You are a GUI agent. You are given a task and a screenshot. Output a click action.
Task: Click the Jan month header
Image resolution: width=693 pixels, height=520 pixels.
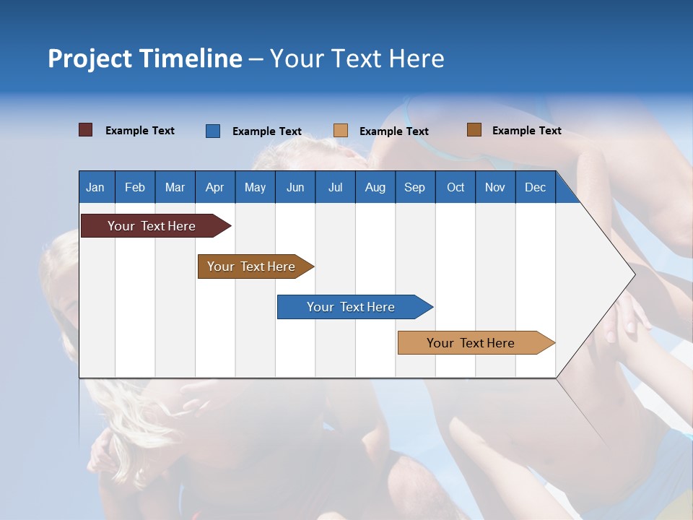click(x=95, y=187)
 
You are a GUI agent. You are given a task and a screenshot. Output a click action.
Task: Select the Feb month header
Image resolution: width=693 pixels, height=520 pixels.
click(x=135, y=187)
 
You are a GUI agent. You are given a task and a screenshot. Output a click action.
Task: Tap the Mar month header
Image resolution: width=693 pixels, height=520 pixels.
click(x=175, y=187)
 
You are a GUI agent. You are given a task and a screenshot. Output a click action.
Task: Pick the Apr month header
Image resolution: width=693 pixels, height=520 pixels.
click(x=214, y=187)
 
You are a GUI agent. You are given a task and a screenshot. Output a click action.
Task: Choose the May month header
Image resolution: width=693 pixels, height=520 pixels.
click(x=255, y=187)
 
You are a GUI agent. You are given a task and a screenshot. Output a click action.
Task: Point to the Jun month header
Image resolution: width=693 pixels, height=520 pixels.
click(x=295, y=187)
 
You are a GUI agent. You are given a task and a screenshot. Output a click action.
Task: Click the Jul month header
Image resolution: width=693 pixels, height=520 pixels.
click(x=335, y=187)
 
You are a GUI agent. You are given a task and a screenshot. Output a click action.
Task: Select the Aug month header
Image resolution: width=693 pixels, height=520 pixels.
click(x=375, y=187)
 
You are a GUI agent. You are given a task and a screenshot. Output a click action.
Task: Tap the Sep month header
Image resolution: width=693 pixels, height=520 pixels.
click(x=414, y=187)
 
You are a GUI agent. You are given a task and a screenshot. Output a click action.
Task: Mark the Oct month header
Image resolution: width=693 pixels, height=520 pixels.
click(x=456, y=187)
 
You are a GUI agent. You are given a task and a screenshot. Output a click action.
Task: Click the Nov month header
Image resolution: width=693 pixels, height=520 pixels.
click(x=495, y=187)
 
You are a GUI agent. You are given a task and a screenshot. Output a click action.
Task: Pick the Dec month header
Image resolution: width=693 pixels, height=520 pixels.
click(x=535, y=187)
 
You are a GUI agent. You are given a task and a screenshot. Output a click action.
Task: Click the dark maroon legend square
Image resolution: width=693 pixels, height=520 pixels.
click(x=85, y=130)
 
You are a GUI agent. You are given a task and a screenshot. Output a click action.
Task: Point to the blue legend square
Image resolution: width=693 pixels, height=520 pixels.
click(x=212, y=131)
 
